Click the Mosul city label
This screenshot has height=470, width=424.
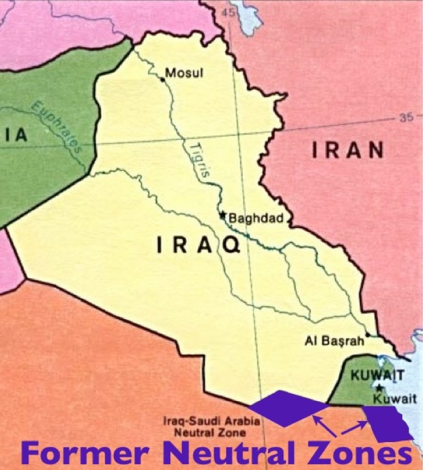coord(184,73)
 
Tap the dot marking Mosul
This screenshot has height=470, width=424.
coord(162,80)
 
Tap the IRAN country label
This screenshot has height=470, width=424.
coord(348,150)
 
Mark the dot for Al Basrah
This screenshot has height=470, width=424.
coord(369,335)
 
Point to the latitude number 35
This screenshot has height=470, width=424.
coord(406,118)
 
